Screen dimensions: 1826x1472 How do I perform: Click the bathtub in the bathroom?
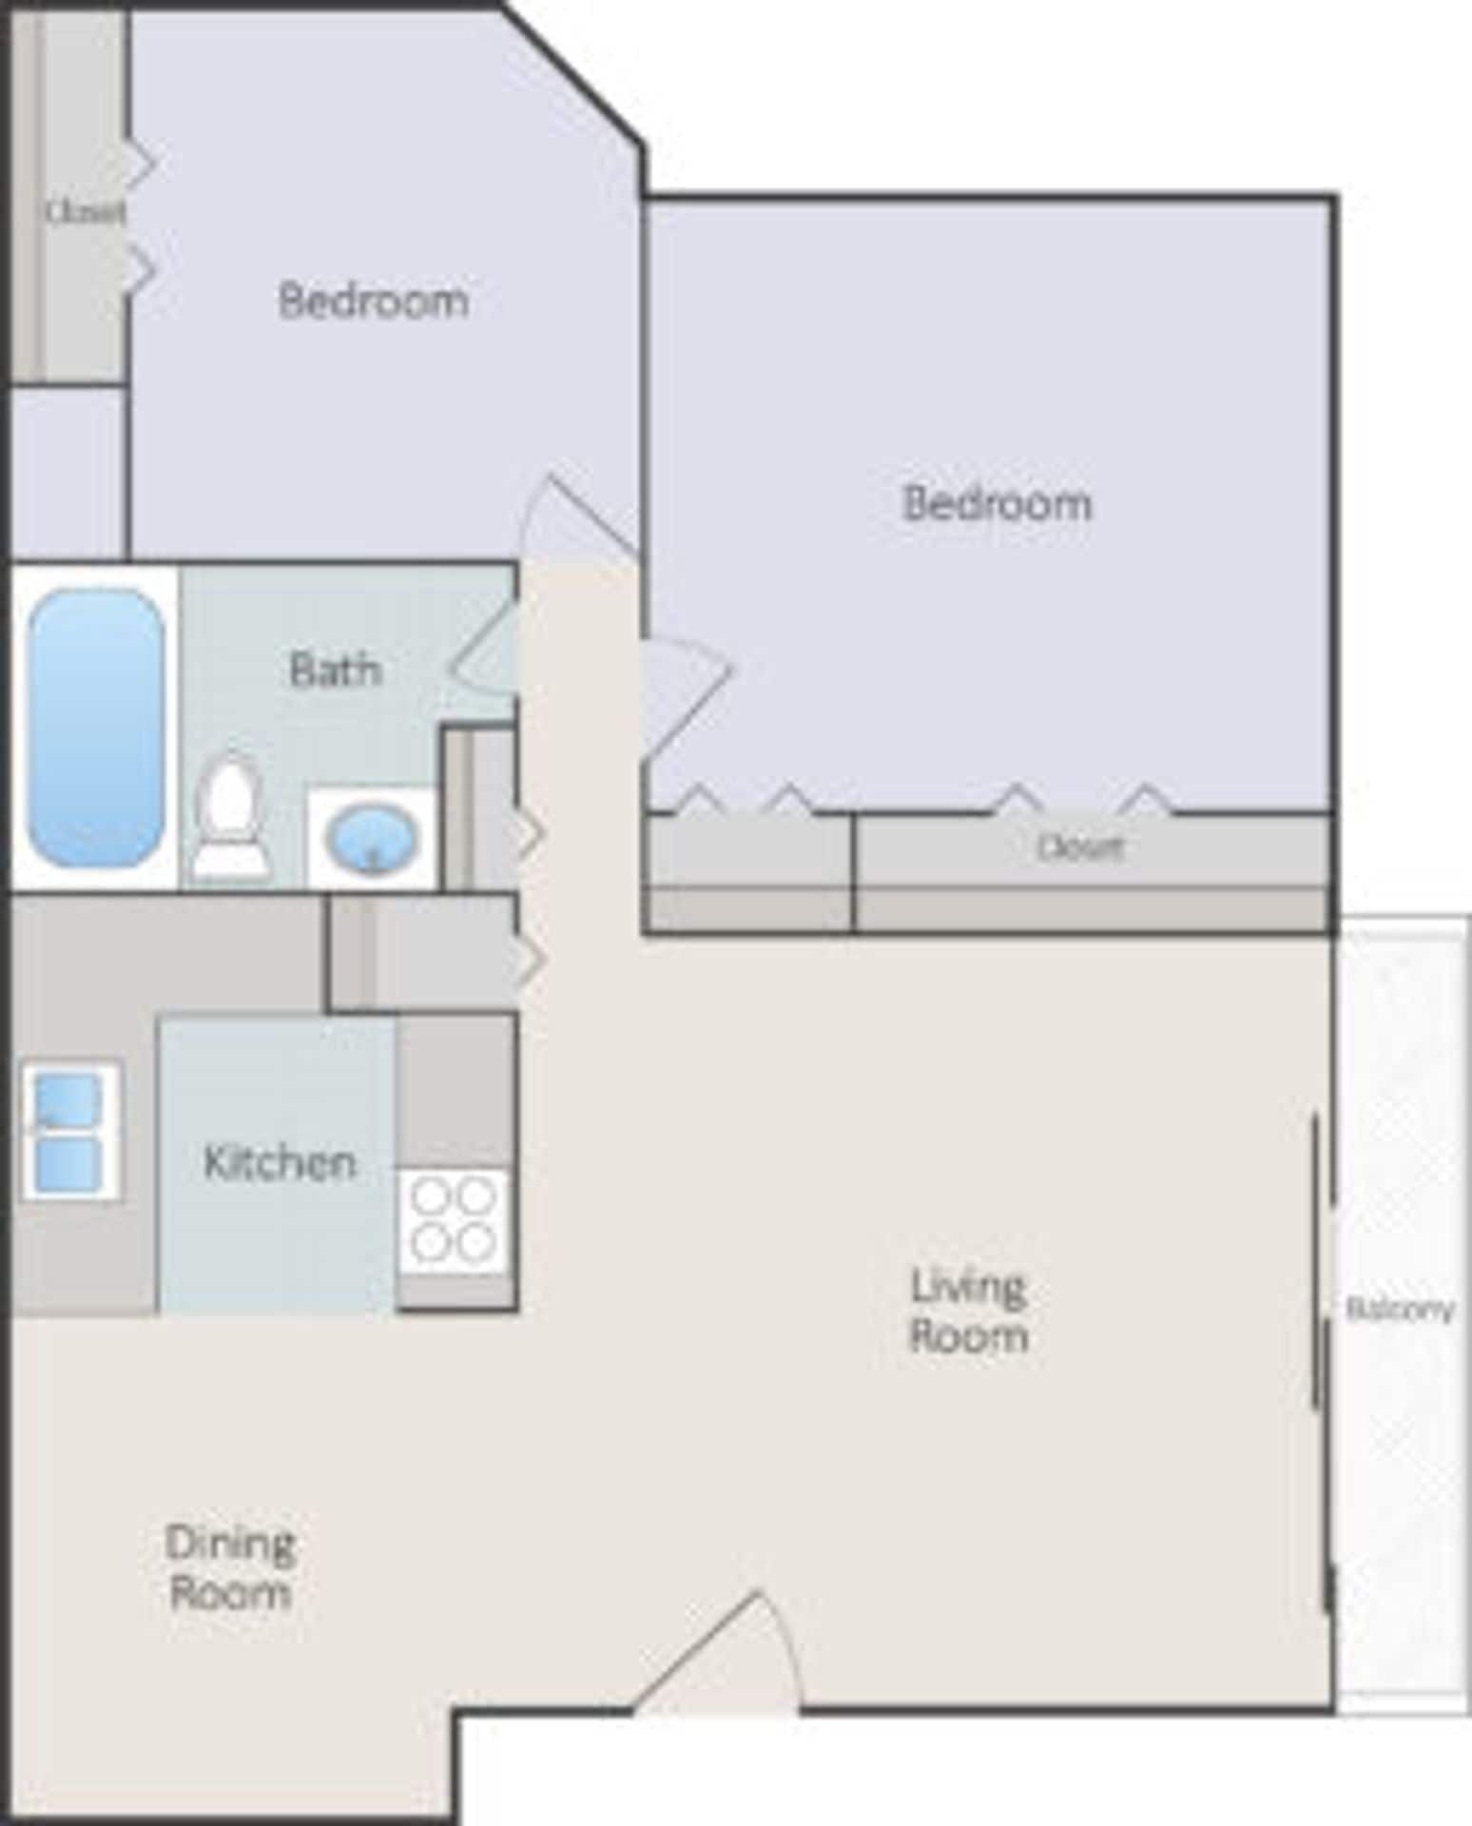(x=95, y=727)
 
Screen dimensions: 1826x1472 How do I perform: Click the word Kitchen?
(x=280, y=1162)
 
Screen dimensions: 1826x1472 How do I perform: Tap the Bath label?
(x=335, y=670)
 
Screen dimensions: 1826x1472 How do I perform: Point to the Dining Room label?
(x=229, y=1567)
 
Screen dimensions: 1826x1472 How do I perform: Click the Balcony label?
(x=1400, y=1311)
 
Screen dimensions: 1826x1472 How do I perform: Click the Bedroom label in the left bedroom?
(x=373, y=301)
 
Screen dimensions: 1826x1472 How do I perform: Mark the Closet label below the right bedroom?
(x=1079, y=846)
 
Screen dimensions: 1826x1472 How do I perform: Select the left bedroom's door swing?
(x=571, y=518)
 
